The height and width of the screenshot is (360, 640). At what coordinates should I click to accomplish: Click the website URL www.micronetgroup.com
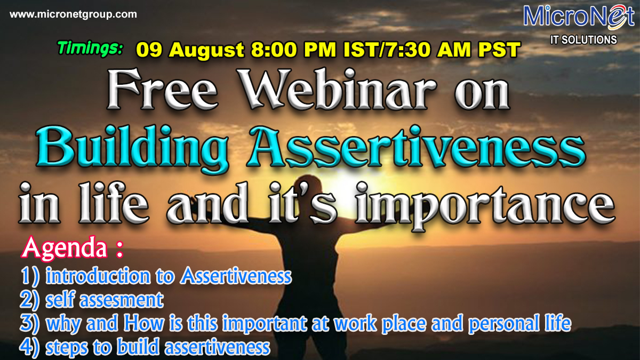73,14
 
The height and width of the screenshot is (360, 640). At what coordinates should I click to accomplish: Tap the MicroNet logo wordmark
579,17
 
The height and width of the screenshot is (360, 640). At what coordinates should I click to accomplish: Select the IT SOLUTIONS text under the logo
583,39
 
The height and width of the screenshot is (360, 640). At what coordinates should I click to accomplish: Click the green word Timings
90,48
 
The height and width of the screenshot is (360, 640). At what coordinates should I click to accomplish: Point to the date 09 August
190,50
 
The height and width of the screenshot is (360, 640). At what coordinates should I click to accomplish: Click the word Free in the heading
162,90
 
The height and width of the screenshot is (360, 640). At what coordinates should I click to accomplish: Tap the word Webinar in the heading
338,90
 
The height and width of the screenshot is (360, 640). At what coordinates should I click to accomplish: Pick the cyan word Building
132,149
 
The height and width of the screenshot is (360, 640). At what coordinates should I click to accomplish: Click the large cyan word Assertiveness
416,147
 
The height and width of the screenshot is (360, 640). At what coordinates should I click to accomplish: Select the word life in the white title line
114,203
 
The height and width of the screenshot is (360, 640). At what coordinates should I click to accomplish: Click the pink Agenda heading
72,247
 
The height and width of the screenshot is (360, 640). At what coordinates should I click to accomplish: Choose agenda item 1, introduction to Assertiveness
156,276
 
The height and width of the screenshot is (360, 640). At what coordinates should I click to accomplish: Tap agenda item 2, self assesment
92,300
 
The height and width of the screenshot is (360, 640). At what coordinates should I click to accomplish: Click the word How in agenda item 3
144,323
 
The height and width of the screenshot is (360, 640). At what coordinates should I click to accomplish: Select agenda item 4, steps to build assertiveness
145,347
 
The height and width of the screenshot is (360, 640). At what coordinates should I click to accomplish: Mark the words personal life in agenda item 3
520,324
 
